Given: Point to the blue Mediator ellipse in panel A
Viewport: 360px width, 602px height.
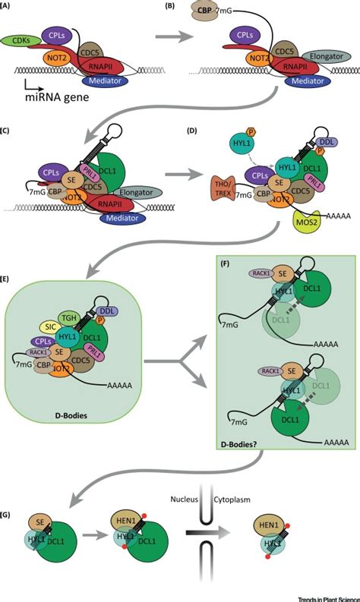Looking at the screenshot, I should click(107, 80).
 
